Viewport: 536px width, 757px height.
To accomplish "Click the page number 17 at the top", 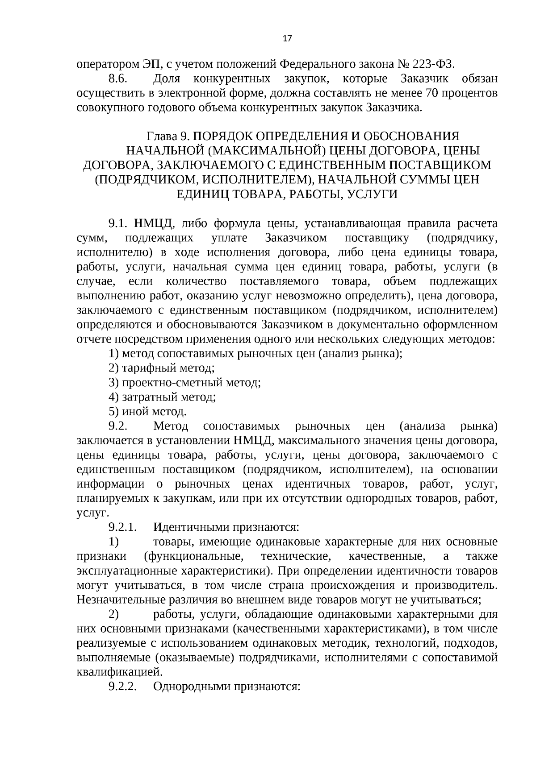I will (287, 38).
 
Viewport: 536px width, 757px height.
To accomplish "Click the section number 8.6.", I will (119, 79).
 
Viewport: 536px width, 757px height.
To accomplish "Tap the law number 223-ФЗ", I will (431, 64).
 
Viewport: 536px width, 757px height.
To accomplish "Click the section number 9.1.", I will (119, 223).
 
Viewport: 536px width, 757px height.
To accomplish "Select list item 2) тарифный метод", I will (162, 368).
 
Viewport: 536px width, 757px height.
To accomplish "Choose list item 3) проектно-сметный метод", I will (184, 382).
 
